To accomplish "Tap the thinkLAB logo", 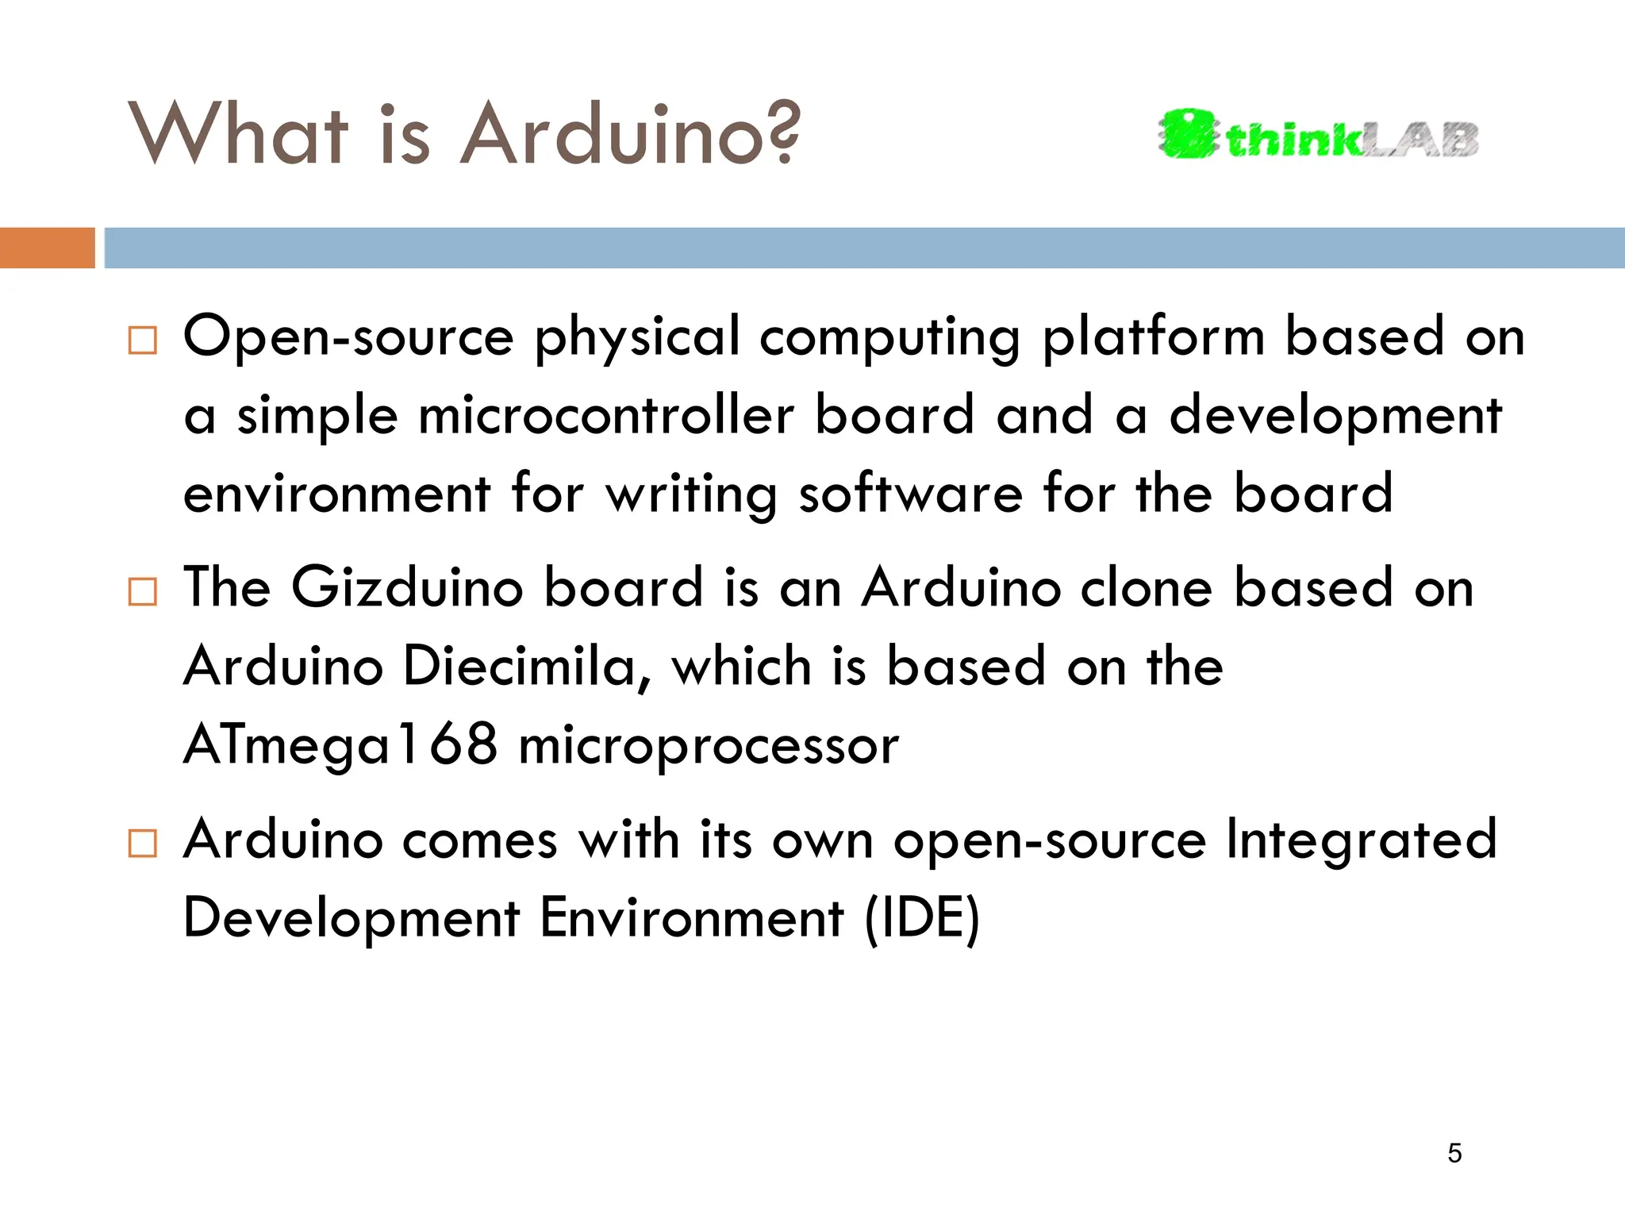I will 1317,136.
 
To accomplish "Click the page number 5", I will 1454,1153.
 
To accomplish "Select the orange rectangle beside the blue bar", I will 47,248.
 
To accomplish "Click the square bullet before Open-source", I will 142,340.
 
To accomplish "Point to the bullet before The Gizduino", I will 142,592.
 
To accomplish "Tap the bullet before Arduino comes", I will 142,844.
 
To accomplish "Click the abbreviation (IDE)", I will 922,919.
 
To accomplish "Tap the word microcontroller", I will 606,416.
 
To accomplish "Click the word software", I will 910,494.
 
